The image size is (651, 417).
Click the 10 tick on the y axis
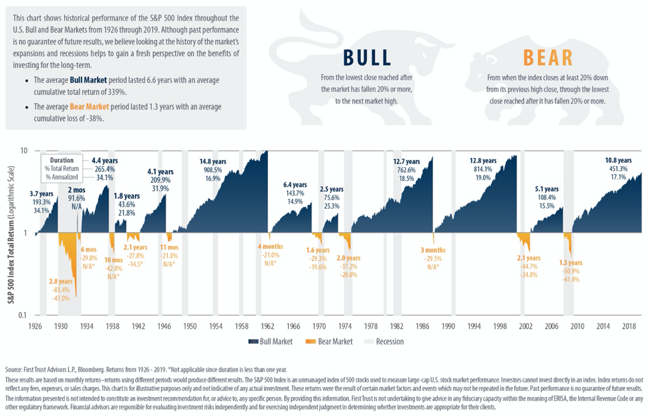tap(24, 151)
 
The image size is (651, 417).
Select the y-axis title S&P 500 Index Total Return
tap(12, 233)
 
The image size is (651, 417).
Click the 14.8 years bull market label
tap(216, 161)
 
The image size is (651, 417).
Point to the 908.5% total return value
tap(216, 170)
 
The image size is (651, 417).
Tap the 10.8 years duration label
tap(618, 161)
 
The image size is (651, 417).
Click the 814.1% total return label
tap(483, 169)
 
